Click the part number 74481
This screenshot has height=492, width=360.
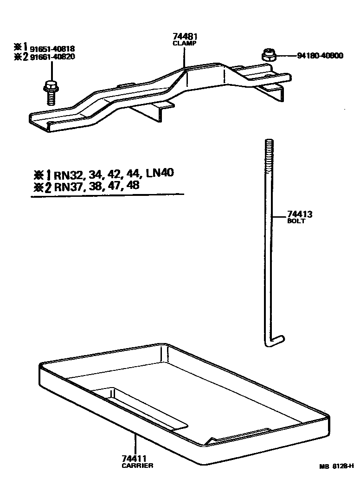(185, 37)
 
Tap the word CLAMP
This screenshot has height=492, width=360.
(185, 43)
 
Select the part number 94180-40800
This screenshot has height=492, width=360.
(320, 56)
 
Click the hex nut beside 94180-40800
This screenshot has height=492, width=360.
(268, 55)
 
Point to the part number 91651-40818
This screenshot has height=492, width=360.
(52, 49)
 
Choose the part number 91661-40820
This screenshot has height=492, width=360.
(52, 57)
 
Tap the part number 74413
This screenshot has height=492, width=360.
(299, 214)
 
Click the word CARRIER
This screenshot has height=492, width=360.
(137, 466)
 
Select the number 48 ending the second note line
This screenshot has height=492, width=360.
(133, 186)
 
